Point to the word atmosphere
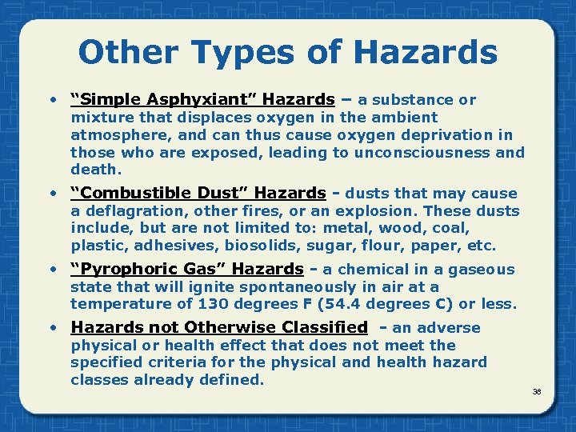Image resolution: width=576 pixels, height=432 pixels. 114,135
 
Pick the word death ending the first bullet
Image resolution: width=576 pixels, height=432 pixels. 94,170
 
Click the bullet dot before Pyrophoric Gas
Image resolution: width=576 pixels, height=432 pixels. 53,270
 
